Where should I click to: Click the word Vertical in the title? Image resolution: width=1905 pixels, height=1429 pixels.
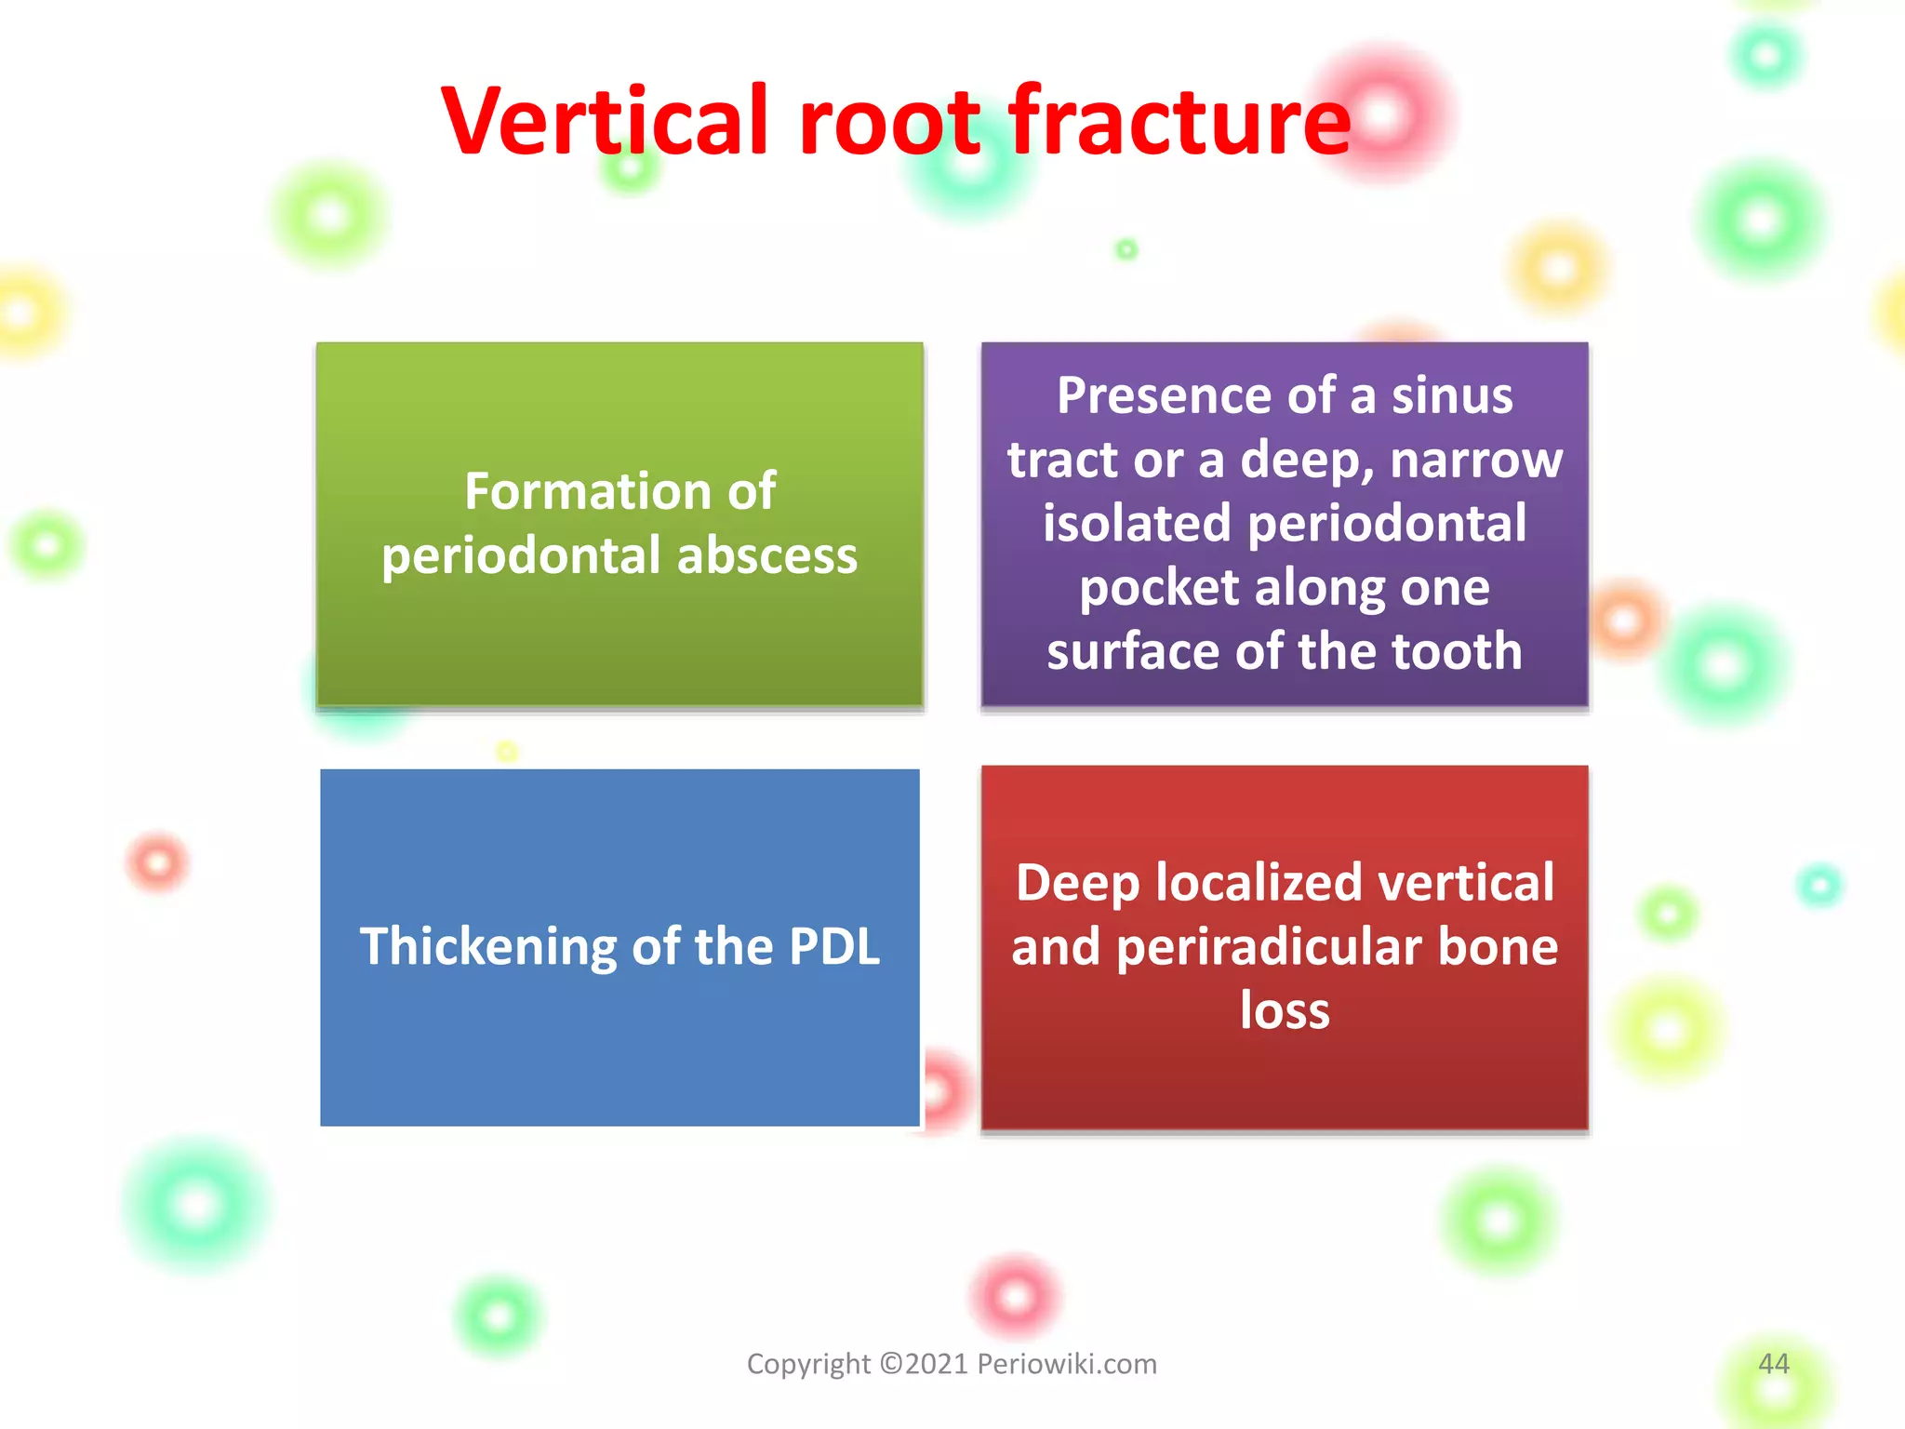coord(605,121)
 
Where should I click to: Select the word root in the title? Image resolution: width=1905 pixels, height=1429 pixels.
coord(889,123)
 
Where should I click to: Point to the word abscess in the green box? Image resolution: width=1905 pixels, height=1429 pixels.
coord(766,555)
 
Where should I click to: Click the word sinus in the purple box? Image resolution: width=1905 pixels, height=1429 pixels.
coord(1452,395)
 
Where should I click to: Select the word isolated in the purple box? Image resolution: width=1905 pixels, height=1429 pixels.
coord(1137,523)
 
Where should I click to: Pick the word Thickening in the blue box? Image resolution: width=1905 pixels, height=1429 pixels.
coord(487,948)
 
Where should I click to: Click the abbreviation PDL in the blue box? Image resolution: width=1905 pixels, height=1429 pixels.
coord(833,946)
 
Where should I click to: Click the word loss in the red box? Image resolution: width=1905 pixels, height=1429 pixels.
coord(1285,1010)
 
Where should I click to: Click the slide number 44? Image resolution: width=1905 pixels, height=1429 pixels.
coord(1773,1364)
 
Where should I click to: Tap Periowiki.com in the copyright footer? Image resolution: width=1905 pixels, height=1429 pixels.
coord(1066,1364)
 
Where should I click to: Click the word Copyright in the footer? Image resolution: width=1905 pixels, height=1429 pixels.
coord(808,1365)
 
